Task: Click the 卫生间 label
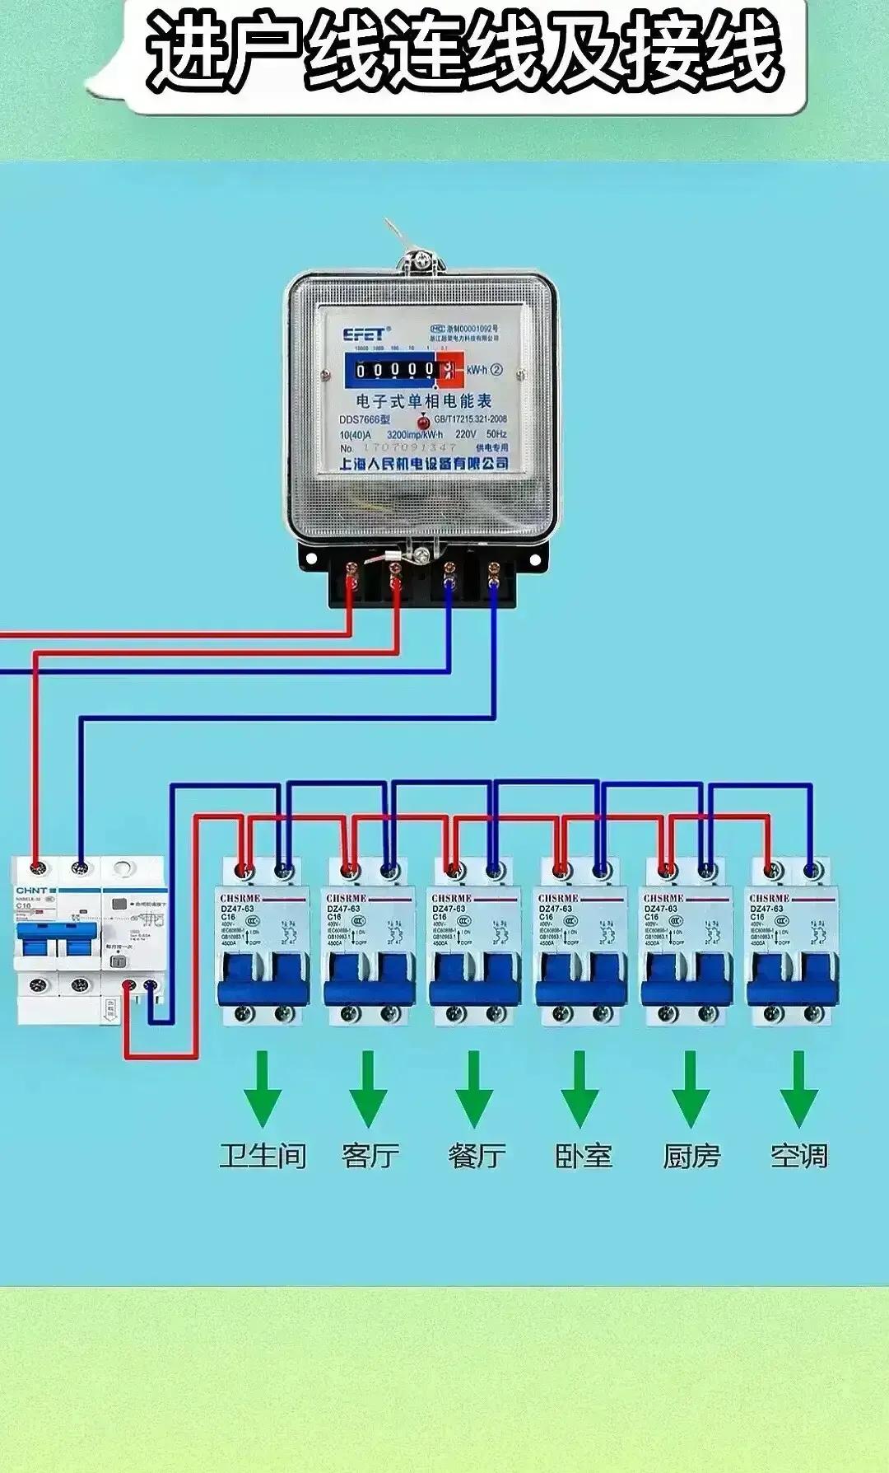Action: (263, 1156)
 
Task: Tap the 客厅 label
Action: (370, 1156)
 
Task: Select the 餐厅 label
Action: (477, 1156)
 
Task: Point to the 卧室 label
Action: (584, 1156)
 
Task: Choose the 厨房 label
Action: (691, 1156)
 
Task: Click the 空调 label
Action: (798, 1156)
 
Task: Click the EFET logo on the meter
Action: (363, 334)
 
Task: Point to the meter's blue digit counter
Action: (395, 371)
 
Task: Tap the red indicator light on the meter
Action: (424, 423)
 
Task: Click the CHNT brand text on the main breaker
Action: (31, 891)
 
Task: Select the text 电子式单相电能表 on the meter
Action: (424, 401)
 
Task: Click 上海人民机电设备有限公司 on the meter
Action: (424, 464)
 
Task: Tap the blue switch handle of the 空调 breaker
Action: (792, 976)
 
